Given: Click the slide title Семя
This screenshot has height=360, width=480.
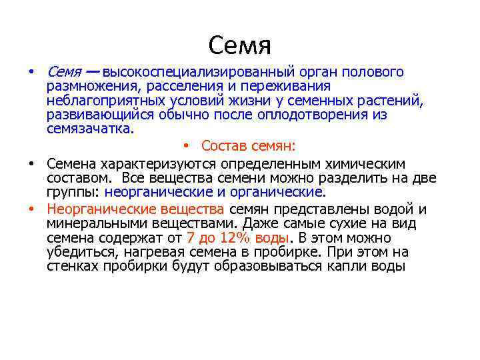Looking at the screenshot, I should pos(239,45).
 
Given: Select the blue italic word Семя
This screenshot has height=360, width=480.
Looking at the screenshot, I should pos(63,72).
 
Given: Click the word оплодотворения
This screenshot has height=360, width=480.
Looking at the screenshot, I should pos(325,115).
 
